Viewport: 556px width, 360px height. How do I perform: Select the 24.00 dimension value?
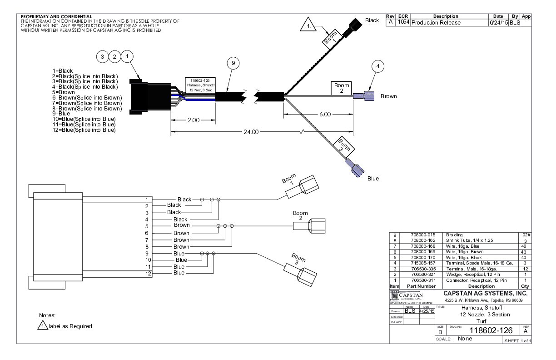click(249, 132)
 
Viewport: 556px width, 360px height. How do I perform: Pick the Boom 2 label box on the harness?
click(342, 88)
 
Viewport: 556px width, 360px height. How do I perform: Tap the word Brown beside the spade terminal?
click(389, 96)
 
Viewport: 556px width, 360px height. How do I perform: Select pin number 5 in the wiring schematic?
click(147, 226)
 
